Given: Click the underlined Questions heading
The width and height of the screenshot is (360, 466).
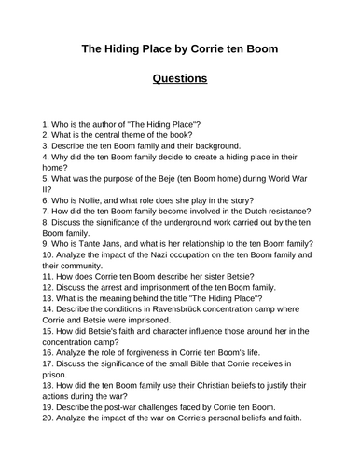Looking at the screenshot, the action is click(x=179, y=78).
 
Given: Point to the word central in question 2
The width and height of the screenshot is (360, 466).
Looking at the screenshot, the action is click(x=108, y=134).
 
